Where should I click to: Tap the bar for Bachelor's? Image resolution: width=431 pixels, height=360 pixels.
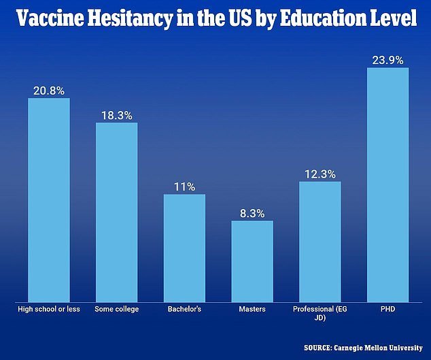pos(184,248)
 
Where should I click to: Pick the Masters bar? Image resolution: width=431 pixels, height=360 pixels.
pos(252,261)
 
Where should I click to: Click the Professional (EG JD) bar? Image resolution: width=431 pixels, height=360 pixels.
pos(320,241)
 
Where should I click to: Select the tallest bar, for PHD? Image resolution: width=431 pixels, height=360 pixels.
pos(388,184)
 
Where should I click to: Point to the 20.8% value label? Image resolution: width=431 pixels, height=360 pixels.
pos(48,90)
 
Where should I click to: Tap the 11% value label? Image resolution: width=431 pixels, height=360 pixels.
pos(184,186)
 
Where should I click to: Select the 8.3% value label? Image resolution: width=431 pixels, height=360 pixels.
pos(252,212)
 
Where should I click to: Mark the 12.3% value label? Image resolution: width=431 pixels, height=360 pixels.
pos(320,174)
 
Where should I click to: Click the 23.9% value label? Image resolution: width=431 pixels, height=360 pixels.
pos(388,59)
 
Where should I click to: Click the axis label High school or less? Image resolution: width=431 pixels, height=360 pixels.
pos(48,310)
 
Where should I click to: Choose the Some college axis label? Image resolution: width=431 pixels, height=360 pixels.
pos(116,310)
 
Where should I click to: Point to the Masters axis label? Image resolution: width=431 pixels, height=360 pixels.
pos(252,310)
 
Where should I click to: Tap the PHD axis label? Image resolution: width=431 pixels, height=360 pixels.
pos(388,310)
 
